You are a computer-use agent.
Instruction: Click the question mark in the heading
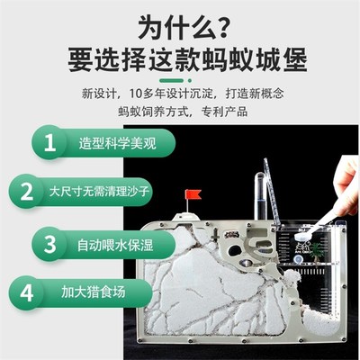coord(237,22)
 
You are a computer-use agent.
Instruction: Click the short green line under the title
coord(180,79)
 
